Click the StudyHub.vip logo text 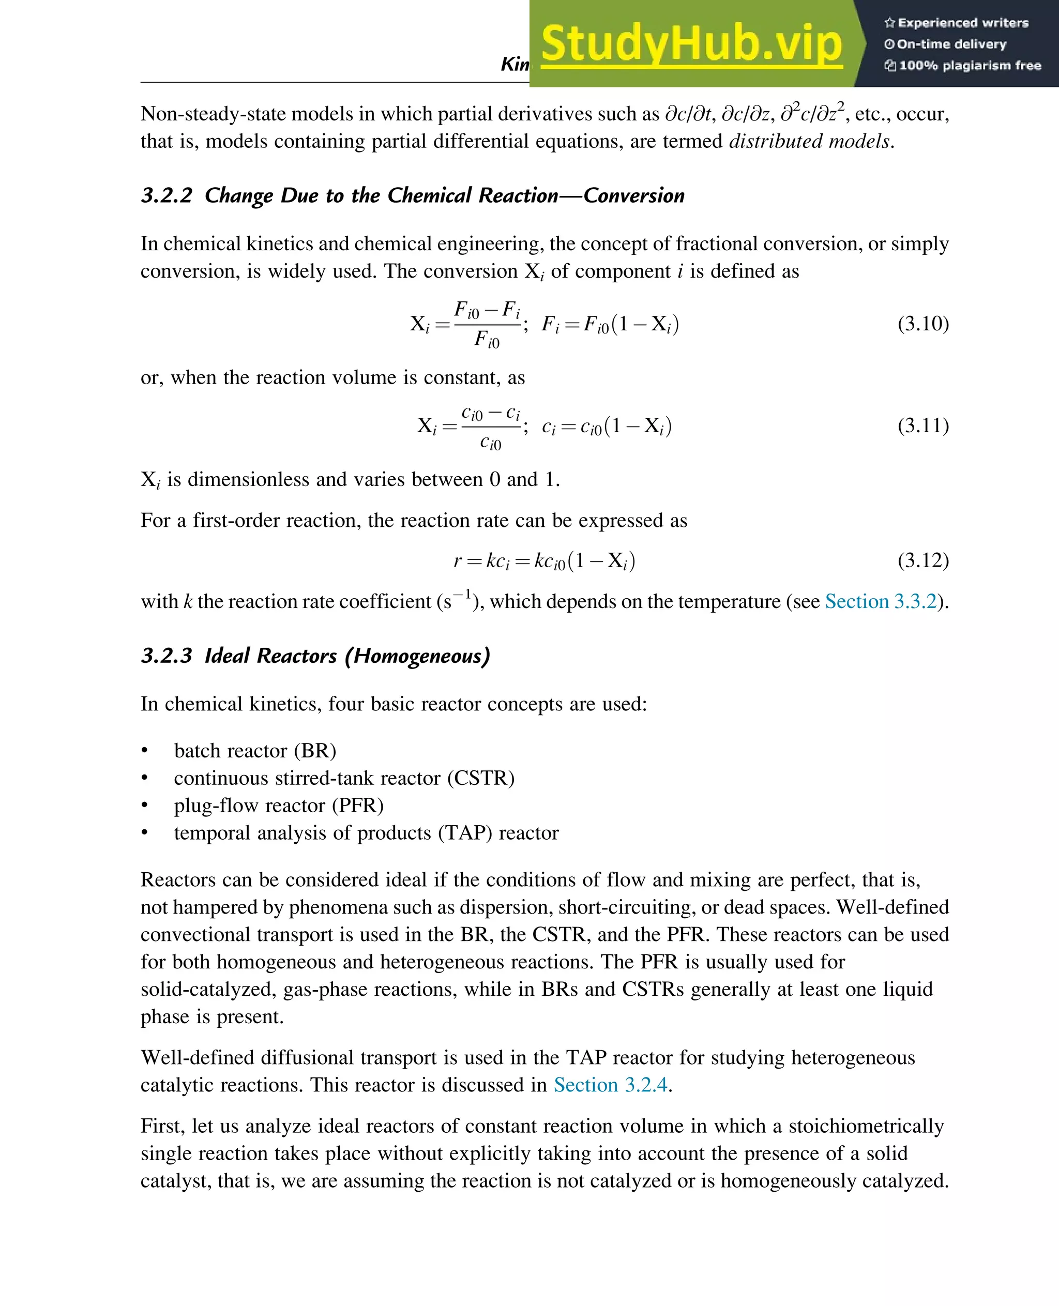click(x=691, y=44)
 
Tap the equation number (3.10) click(x=922, y=323)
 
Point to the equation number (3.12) click(x=922, y=560)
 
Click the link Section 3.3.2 click(x=880, y=601)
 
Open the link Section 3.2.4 click(x=610, y=1085)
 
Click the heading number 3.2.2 click(x=167, y=196)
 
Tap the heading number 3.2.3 click(x=167, y=656)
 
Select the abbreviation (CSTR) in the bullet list click(x=481, y=778)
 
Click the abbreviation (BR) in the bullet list click(x=315, y=751)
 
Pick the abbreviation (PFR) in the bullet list click(x=357, y=806)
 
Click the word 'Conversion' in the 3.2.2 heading click(x=634, y=196)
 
